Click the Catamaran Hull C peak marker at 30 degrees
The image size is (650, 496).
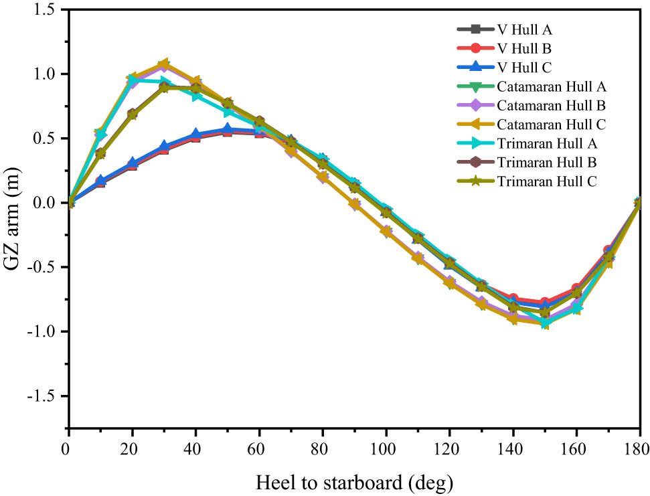pos(163,64)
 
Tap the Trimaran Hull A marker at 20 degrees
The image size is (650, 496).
pos(133,80)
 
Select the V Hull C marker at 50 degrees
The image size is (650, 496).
pos(227,129)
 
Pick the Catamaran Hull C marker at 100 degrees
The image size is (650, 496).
pos(386,232)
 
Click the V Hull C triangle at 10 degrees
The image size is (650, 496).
pos(100,181)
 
